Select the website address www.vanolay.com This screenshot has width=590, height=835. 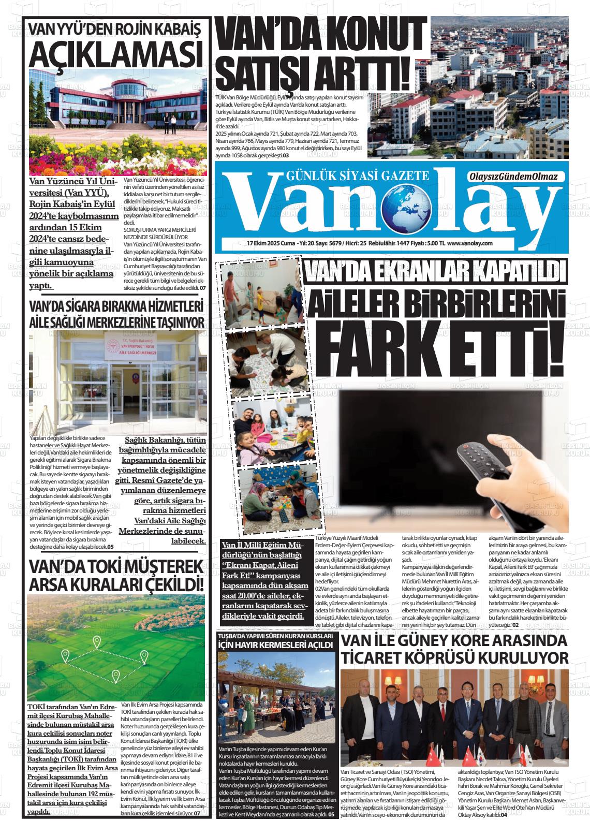470,243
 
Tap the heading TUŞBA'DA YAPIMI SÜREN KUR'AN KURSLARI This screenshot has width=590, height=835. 275,635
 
